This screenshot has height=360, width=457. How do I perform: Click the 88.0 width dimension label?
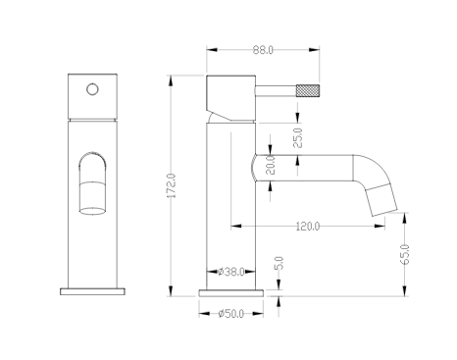(x=263, y=50)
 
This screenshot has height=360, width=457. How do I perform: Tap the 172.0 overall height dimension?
(x=172, y=185)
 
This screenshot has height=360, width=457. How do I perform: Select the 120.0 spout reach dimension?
(x=308, y=227)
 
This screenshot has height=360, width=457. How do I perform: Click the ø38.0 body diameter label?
(x=231, y=272)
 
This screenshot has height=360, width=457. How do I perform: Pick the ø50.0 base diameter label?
(x=231, y=314)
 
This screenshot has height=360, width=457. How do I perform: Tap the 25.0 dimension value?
(x=297, y=138)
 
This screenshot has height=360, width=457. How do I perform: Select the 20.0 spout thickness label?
(x=271, y=165)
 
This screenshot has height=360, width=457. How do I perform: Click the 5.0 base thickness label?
(x=279, y=263)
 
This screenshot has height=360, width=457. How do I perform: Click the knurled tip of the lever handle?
(x=308, y=90)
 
